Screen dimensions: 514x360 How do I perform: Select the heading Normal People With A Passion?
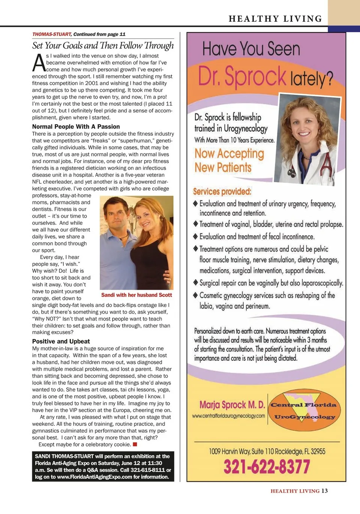[76, 127]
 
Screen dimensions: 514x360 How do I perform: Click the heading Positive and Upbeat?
[61, 341]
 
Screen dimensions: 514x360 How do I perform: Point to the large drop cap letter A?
[39, 63]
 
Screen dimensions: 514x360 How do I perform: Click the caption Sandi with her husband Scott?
[136, 295]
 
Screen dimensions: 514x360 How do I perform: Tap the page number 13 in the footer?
[324, 491]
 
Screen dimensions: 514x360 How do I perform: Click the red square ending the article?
[135, 444]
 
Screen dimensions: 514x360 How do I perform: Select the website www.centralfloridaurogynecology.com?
[228, 416]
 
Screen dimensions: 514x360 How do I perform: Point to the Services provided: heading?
[222, 192]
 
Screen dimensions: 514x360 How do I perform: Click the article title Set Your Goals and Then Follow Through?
[103, 46]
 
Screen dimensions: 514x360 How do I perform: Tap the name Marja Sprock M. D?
[232, 405]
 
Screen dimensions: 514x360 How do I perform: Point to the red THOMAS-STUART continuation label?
[52, 34]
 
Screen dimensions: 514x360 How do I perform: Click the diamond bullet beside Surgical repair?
[195, 282]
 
